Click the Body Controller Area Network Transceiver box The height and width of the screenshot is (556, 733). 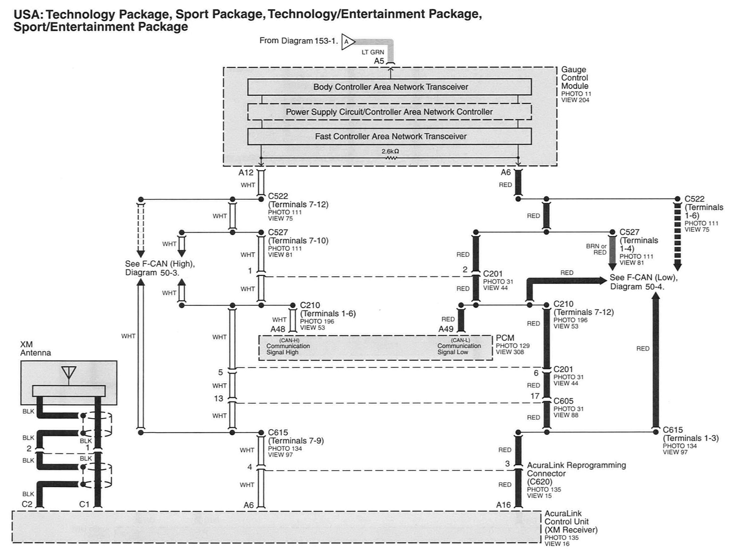[389, 87]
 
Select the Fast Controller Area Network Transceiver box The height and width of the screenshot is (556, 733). [389, 136]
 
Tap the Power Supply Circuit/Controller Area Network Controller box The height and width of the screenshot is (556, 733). [389, 112]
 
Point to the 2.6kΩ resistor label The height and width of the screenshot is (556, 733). [390, 151]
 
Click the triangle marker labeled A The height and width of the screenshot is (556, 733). [348, 42]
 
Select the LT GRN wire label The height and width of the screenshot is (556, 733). [373, 52]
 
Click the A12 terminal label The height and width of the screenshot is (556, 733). [246, 172]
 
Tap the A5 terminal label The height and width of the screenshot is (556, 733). [379, 61]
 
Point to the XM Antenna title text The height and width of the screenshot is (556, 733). [36, 348]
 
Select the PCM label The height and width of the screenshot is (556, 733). [505, 338]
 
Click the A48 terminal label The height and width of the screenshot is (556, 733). [278, 329]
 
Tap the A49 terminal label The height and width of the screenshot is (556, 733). [446, 329]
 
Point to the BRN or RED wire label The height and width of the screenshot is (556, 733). [596, 249]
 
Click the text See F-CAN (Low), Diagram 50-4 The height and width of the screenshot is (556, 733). [644, 282]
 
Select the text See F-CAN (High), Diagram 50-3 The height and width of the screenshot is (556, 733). [160, 268]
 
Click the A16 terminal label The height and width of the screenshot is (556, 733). [504, 505]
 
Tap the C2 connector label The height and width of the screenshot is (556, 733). [27, 504]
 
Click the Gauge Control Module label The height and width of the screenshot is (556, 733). [575, 78]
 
